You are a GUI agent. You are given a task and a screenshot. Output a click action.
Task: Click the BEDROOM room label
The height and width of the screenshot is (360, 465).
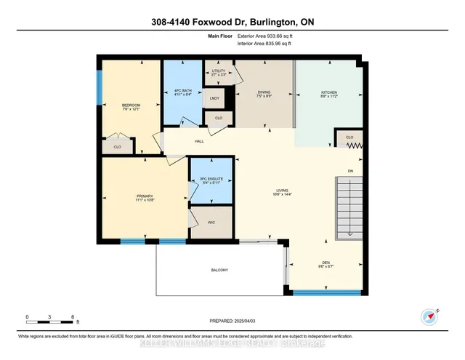[131, 106]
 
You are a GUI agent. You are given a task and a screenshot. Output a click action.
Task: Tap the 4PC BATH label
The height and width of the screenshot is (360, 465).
[182, 92]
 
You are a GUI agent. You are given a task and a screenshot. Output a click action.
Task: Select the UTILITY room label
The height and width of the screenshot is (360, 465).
[219, 71]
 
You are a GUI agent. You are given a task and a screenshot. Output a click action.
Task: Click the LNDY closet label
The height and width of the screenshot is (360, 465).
[216, 97]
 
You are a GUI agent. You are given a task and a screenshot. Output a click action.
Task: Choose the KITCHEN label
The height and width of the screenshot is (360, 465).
[330, 93]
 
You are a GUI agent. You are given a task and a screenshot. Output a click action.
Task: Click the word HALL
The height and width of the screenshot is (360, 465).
[198, 141]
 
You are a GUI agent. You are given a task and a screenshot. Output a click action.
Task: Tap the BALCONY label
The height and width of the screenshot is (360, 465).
[220, 271]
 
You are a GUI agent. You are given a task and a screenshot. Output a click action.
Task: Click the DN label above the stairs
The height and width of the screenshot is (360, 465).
[349, 171]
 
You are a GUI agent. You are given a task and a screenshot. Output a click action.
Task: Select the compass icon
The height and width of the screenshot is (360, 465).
[429, 317]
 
